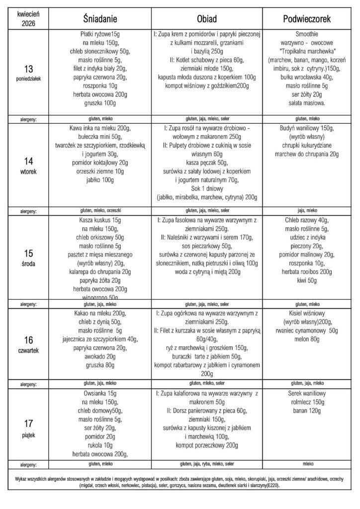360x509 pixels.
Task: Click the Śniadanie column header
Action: tap(103, 18)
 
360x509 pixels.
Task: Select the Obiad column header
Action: tap(208, 18)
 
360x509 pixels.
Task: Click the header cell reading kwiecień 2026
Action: tap(29, 18)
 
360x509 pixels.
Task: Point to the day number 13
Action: tap(29, 68)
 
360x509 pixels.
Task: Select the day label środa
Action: tap(29, 263)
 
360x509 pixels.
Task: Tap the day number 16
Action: tap(29, 340)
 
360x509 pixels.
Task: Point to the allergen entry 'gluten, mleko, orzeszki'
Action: tap(103, 211)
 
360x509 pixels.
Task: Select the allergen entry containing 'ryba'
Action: tap(208, 464)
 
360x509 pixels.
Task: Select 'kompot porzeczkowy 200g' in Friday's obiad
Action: tap(208, 445)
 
